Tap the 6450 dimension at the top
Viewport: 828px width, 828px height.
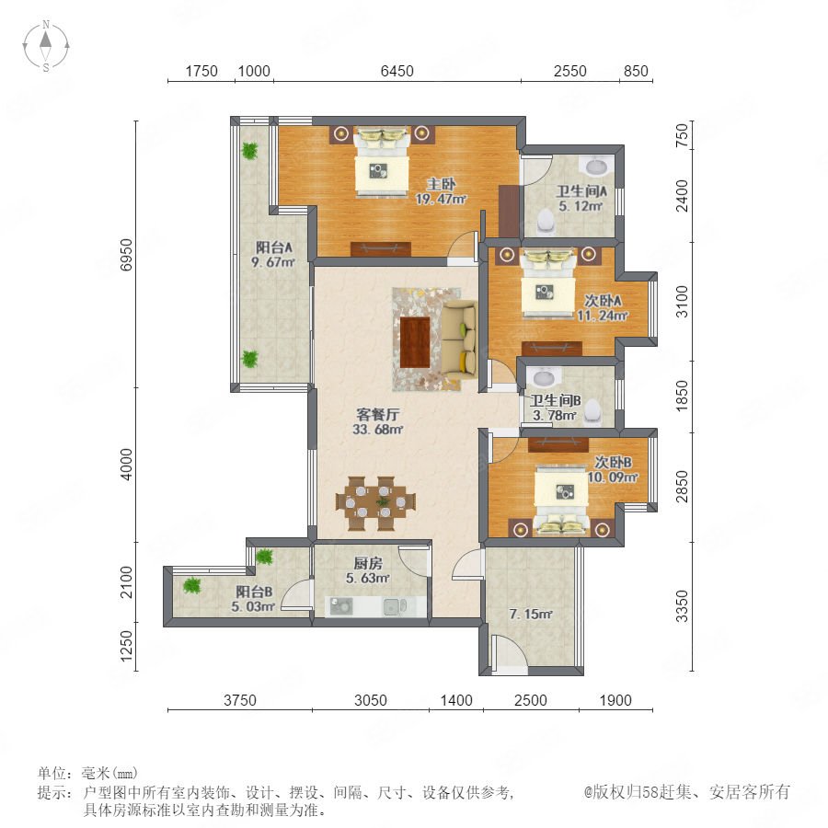coord(397,71)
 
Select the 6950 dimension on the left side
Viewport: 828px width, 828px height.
coord(126,255)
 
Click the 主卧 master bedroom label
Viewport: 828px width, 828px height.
coord(441,184)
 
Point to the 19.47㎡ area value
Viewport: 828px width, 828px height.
coord(441,199)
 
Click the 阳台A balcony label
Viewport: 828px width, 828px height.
coord(273,247)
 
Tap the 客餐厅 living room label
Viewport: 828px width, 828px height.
coord(377,414)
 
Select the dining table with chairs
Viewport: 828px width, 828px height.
coord(375,503)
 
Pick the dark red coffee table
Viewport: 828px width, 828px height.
coord(415,342)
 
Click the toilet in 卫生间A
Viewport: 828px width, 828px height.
coord(546,222)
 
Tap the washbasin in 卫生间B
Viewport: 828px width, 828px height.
coord(545,377)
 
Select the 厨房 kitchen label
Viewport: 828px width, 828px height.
coord(368,563)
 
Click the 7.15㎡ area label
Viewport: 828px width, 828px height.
coord(531,615)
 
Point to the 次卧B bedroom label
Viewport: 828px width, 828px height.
coord(613,462)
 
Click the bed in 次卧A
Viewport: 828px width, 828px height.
coord(548,284)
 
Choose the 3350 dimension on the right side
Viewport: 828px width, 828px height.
coord(683,606)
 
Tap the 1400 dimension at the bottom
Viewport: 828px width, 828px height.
coord(456,700)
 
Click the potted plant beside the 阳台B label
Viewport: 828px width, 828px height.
coord(191,585)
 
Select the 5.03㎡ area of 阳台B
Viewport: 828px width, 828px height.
coord(253,607)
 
